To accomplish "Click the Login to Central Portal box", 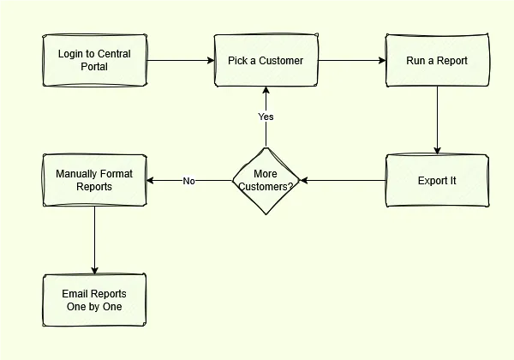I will [x=94, y=60].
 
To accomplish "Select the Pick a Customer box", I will [x=266, y=60].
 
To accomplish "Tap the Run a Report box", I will [x=437, y=60].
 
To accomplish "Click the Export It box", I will [x=437, y=180].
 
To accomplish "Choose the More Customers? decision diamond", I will [x=266, y=180].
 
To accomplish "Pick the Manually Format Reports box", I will [x=94, y=180].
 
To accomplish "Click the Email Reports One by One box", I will [x=94, y=300].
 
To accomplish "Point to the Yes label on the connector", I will [x=266, y=117].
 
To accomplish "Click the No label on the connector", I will [x=188, y=181].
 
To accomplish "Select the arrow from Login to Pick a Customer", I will [x=180, y=60].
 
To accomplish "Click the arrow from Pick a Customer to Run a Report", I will [x=351, y=60].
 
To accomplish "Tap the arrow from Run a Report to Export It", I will [x=437, y=120].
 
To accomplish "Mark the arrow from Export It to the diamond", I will [x=343, y=180].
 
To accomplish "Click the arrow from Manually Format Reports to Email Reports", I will [x=94, y=240].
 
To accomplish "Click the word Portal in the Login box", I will [x=94, y=67].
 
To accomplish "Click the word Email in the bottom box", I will [x=75, y=294].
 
